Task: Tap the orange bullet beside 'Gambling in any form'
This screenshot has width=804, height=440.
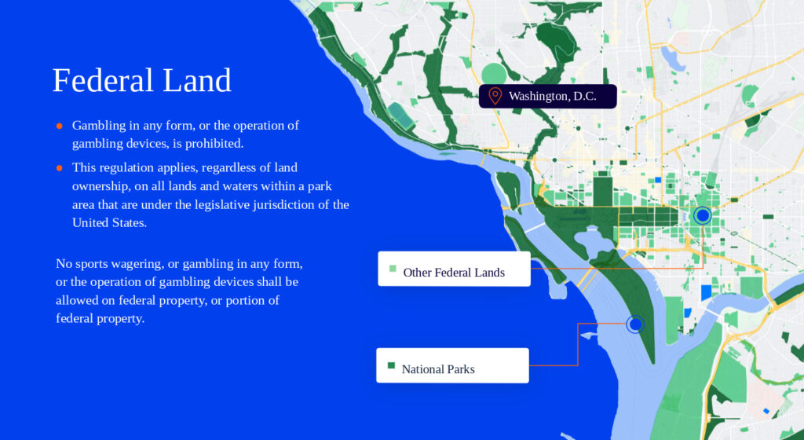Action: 60,126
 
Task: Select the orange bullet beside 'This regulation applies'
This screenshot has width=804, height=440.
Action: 60,167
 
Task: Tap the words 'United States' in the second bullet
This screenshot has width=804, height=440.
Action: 109,222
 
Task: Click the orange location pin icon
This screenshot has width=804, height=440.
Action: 495,96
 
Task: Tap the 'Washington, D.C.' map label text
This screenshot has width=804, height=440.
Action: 552,97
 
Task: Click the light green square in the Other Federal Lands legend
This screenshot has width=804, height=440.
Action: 393,269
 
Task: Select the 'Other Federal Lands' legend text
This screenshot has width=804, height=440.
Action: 454,273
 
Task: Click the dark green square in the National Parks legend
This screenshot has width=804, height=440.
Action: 391,365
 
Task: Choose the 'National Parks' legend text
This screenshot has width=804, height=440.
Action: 438,369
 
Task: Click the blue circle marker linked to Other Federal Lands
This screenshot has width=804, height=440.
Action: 703,215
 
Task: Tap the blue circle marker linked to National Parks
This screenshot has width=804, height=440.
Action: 635,324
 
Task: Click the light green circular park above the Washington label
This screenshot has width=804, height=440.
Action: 495,73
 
